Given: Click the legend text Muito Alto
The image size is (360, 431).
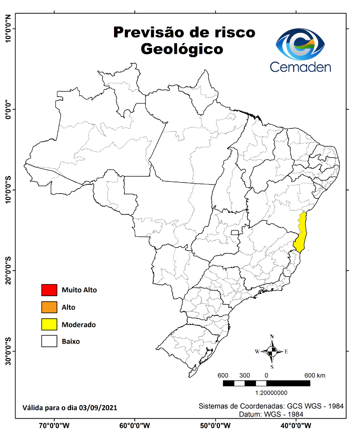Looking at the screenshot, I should tap(79, 290).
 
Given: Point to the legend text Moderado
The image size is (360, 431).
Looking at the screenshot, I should tap(79, 325).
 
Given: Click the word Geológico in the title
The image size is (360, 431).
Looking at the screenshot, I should tap(182, 49).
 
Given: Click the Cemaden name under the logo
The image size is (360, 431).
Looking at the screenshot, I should tap(301, 66).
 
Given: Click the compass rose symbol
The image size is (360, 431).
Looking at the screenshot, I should tap(272, 352).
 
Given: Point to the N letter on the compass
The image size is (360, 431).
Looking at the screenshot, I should tap(272, 336).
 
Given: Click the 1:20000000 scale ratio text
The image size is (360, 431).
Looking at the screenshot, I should tap(266, 393).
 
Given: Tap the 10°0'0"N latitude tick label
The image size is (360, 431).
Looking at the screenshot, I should tap(8, 29).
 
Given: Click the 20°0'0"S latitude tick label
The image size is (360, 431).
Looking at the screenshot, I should tap(8, 270).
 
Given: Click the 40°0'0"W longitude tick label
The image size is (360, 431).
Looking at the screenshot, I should tap(296, 425).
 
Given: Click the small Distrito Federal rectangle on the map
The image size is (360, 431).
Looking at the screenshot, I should tap(235, 233).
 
